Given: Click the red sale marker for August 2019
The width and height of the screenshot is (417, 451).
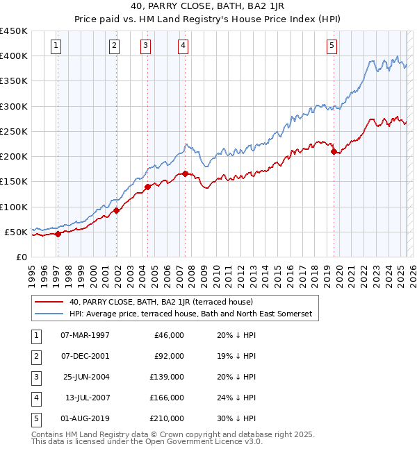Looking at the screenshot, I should tap(334, 151).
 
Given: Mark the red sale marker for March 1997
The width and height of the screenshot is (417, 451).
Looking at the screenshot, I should tap(58, 234).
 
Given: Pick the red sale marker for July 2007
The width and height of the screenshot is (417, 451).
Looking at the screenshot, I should tap(186, 173).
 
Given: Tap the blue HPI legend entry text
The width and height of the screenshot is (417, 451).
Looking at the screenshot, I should tap(191, 314).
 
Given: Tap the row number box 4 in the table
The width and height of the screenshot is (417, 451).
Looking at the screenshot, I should tap(35, 398).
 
